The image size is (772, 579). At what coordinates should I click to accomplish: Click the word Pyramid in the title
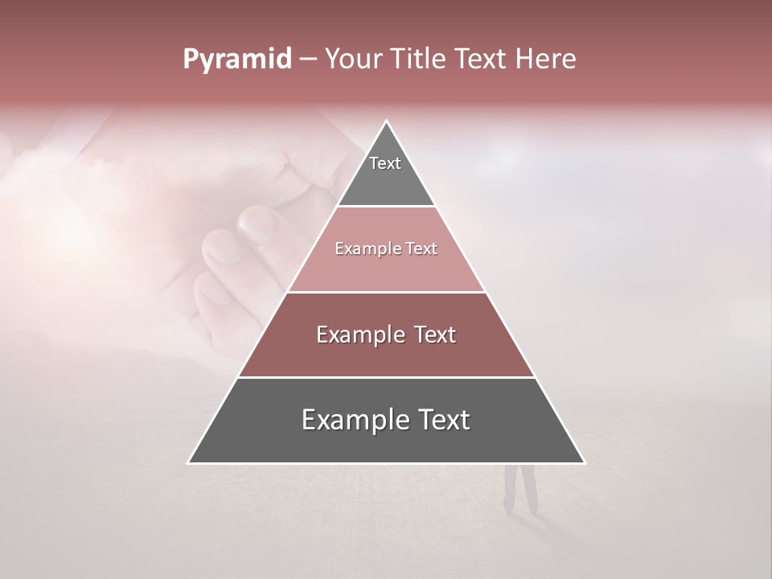(x=237, y=60)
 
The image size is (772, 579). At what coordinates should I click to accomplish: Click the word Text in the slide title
(x=482, y=60)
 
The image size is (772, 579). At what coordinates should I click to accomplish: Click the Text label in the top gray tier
(x=385, y=163)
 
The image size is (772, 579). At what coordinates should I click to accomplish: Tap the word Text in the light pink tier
(x=421, y=249)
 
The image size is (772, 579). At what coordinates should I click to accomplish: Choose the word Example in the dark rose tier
(x=359, y=335)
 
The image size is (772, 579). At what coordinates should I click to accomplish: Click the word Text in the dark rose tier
(x=434, y=335)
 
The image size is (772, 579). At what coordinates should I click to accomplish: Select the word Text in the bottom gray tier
(x=443, y=420)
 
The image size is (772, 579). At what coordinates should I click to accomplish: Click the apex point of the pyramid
(x=387, y=121)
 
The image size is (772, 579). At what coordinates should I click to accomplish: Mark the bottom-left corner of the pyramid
(x=188, y=462)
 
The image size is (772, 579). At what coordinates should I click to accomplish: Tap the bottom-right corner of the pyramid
(x=585, y=462)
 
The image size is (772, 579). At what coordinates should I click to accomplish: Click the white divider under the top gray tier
(x=386, y=207)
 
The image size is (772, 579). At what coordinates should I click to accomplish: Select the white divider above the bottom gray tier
(x=386, y=377)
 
